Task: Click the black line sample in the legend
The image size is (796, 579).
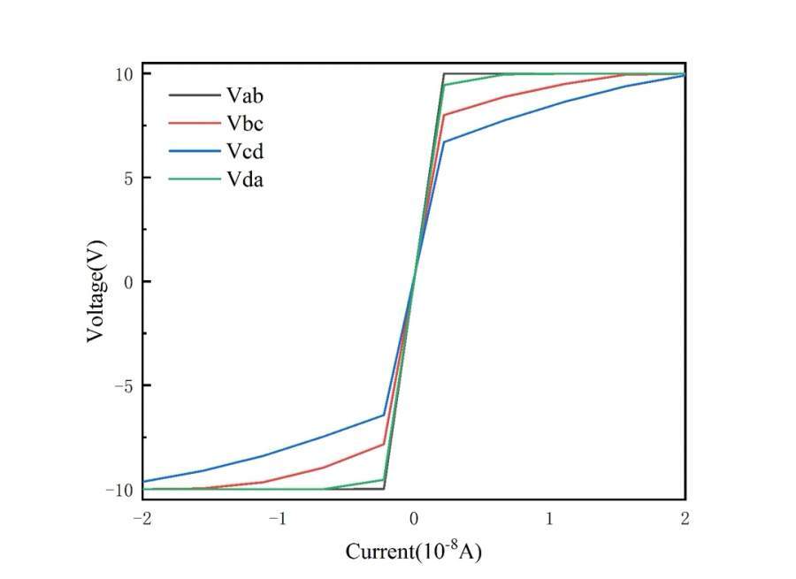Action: click(x=193, y=94)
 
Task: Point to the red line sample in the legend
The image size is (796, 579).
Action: click(x=193, y=122)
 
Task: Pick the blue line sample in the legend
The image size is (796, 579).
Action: click(x=193, y=151)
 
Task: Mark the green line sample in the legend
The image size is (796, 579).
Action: click(x=193, y=179)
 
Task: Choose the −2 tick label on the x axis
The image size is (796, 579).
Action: click(x=142, y=518)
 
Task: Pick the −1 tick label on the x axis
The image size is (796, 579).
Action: click(x=277, y=518)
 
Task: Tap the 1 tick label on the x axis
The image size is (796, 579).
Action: click(x=549, y=518)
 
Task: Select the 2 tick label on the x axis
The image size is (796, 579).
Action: click(x=685, y=518)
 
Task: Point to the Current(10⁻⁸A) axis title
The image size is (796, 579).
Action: click(x=413, y=552)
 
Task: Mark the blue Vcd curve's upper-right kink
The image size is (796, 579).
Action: click(x=444, y=141)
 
